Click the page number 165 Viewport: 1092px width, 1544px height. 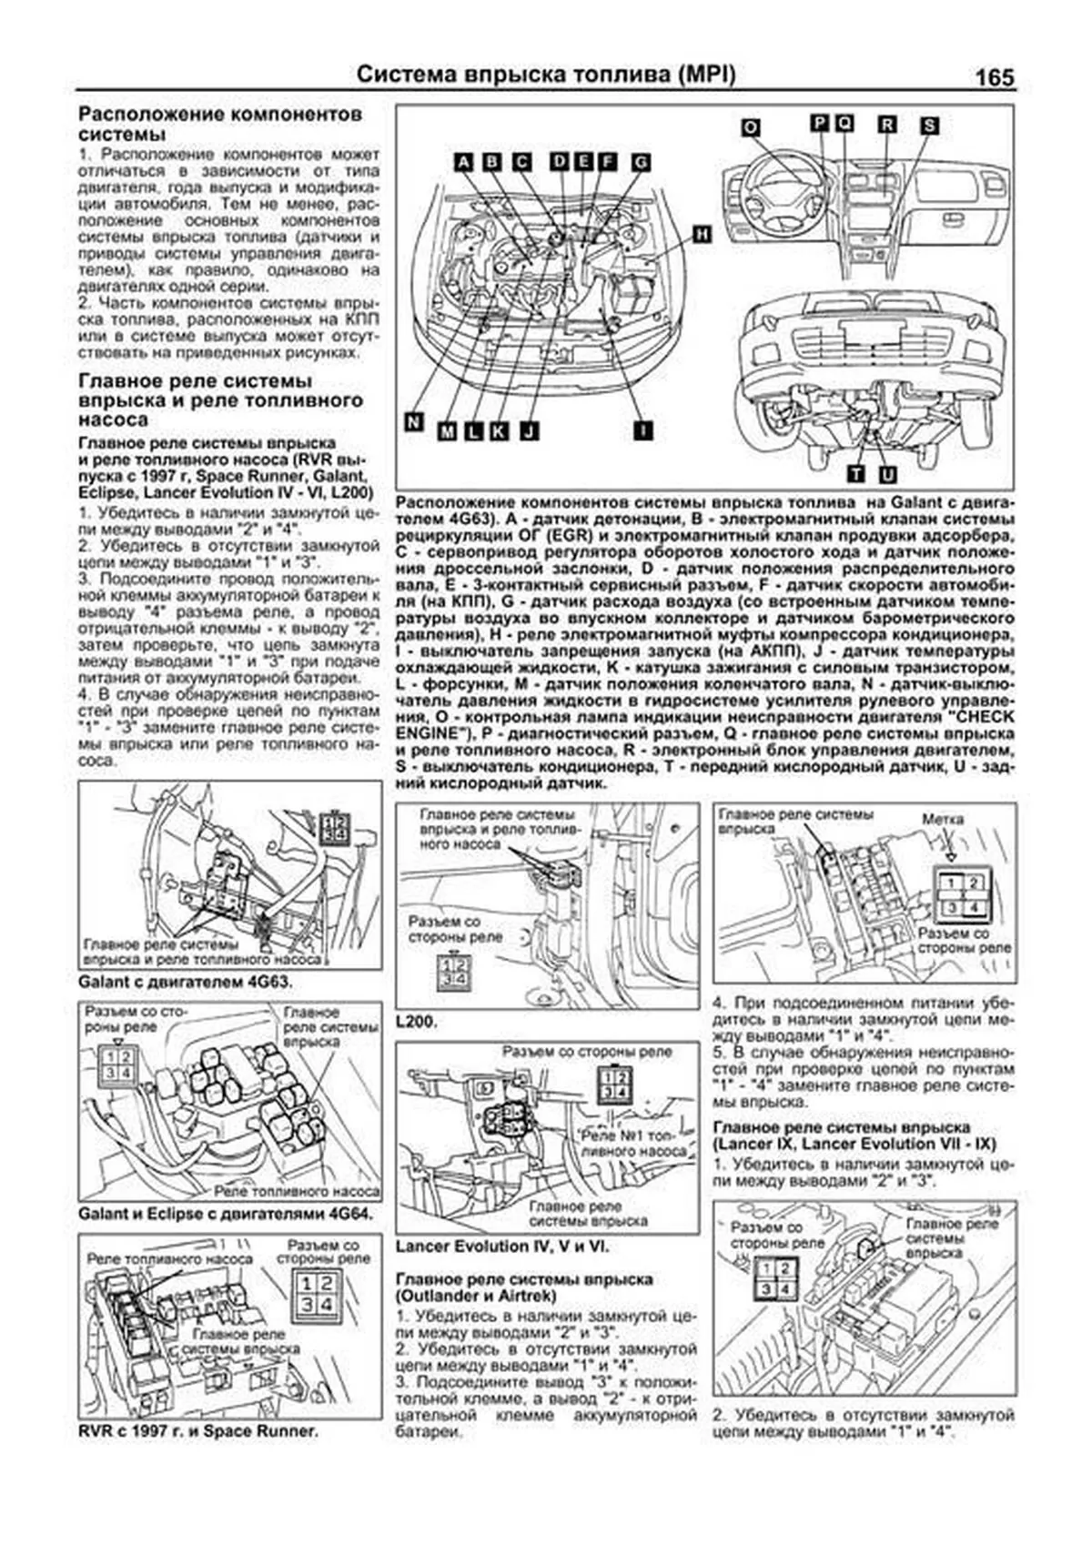pyautogui.click(x=994, y=77)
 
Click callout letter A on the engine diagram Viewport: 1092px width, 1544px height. pyautogui.click(x=464, y=162)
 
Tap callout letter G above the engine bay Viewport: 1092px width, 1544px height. pyautogui.click(x=641, y=163)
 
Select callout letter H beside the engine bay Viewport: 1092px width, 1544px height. pyautogui.click(x=701, y=234)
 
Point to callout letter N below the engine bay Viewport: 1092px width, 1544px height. pyautogui.click(x=414, y=421)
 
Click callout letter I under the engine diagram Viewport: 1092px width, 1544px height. pyautogui.click(x=642, y=429)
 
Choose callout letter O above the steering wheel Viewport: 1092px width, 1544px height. pyautogui.click(x=750, y=126)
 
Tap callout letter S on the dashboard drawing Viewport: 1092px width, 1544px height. pyautogui.click(x=928, y=126)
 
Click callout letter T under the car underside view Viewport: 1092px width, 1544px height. pyautogui.click(x=856, y=474)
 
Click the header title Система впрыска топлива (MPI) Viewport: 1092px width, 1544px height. pyautogui.click(x=545, y=75)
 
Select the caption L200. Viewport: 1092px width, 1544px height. pyautogui.click(x=418, y=1022)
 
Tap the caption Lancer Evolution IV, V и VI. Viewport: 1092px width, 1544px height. pyautogui.click(x=502, y=1246)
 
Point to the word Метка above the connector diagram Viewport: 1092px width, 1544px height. pyautogui.click(x=943, y=819)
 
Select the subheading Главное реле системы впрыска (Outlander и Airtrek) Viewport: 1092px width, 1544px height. pyautogui.click(x=524, y=1287)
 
